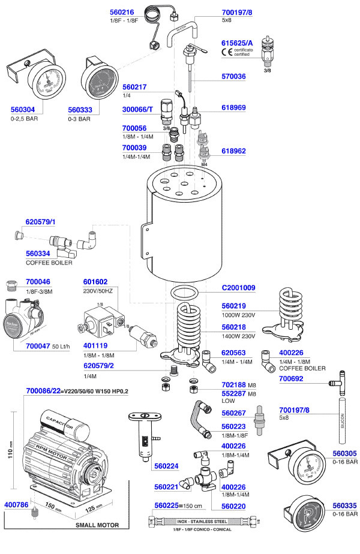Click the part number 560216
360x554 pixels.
coord(124,12)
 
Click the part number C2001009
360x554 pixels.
coord(239,288)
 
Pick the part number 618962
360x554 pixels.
coord(234,151)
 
